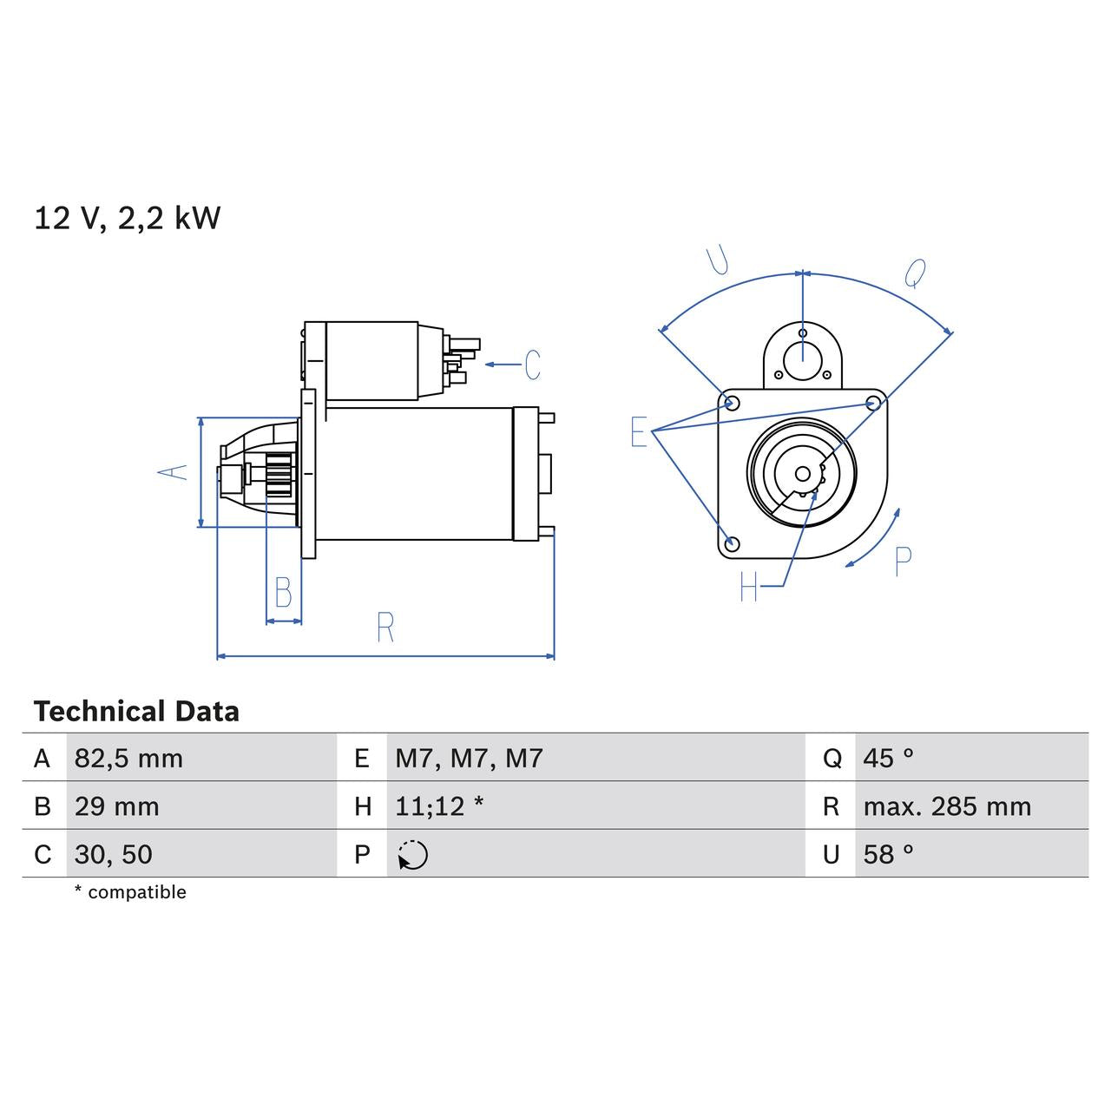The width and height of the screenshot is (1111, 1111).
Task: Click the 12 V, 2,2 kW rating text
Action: [x=127, y=218]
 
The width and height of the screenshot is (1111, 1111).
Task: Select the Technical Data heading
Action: [x=136, y=712]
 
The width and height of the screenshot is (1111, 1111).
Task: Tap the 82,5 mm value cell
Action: [x=128, y=759]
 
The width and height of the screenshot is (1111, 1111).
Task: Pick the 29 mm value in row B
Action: [x=116, y=806]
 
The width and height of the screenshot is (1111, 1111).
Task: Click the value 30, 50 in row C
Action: [x=113, y=854]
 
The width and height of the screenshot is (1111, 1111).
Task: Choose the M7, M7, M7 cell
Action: [x=469, y=759]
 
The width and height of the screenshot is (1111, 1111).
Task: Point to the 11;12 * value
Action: [x=439, y=806]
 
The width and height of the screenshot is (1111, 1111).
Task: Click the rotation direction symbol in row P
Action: [x=413, y=855]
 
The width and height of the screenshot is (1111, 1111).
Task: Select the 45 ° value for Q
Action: [x=888, y=759]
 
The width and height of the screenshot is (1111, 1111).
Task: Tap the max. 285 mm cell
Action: [x=947, y=806]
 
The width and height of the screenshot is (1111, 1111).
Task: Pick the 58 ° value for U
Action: [x=888, y=854]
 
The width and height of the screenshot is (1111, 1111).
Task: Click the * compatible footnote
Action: [x=130, y=892]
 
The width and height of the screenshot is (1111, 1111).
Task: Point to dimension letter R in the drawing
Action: [x=385, y=627]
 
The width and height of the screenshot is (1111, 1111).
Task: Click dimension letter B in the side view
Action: [x=283, y=593]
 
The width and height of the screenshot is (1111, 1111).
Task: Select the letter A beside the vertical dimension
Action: [x=173, y=471]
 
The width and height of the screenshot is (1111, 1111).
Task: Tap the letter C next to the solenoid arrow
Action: [x=532, y=365]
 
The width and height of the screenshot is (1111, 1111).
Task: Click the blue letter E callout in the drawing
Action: [x=639, y=431]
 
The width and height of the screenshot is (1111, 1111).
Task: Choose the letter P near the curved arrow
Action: [x=903, y=562]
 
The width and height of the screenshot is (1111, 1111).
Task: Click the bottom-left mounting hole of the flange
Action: [x=732, y=543]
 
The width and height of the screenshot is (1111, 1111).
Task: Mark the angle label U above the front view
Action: [x=717, y=260]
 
